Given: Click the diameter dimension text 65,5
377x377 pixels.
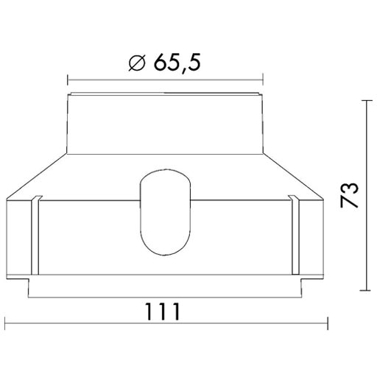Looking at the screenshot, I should coord(177,63).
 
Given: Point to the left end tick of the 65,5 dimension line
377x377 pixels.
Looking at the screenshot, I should coord(68,76).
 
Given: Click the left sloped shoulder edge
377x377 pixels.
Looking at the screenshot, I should coord(37,177).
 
